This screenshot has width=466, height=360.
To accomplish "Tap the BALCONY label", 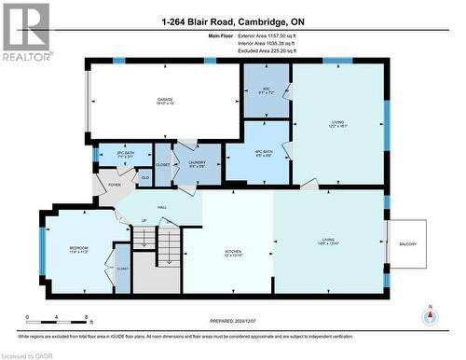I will coord(408,244).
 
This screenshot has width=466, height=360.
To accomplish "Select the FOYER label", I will coord(115,185).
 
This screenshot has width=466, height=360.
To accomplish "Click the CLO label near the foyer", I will coord(144,177).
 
